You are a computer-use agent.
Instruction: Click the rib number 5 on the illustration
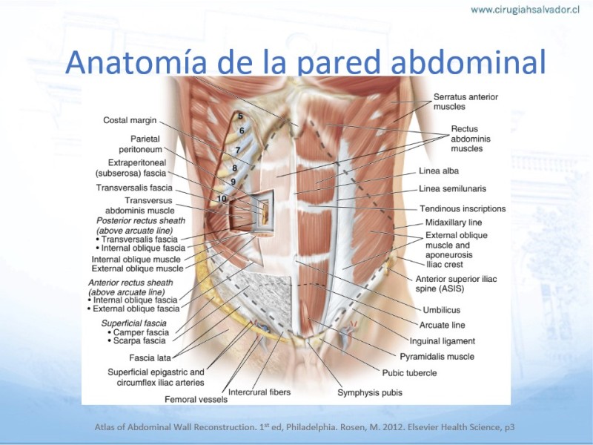(240, 116)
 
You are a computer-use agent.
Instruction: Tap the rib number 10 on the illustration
(222, 198)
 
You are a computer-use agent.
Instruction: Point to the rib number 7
(237, 151)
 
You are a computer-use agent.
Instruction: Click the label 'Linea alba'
(439, 171)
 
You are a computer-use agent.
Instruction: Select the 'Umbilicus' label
(442, 310)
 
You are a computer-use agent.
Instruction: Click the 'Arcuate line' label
(442, 325)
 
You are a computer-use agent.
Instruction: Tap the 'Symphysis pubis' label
(370, 393)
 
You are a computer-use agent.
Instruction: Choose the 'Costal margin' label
(130, 120)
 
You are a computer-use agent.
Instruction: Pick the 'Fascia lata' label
(150, 357)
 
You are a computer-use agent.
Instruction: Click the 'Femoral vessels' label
(196, 399)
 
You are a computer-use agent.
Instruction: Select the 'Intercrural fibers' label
(259, 392)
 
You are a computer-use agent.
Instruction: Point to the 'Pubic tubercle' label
(410, 373)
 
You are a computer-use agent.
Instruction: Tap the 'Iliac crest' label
(444, 265)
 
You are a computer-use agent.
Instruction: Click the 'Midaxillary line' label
(454, 222)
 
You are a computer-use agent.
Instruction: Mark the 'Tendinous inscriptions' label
(463, 209)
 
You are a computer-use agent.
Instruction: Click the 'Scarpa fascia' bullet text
(139, 341)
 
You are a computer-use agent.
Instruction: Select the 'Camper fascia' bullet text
(141, 332)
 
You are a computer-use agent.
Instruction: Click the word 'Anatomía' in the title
(136, 62)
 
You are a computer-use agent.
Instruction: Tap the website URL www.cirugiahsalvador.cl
(525, 10)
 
